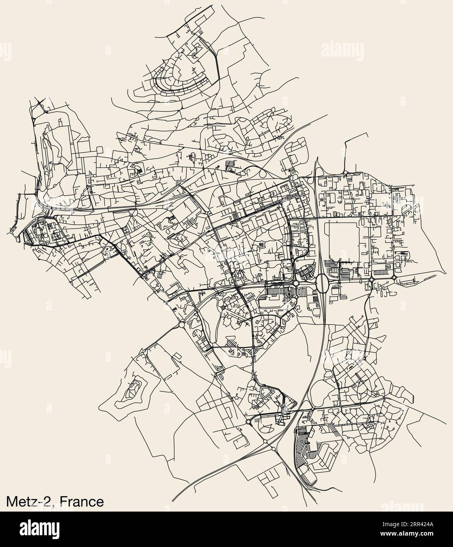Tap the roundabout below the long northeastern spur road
pos(345,173)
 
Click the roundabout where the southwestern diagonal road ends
pos(181,324)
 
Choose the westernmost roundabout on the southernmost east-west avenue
pos(249,422)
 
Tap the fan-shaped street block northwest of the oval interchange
pos(305,272)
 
